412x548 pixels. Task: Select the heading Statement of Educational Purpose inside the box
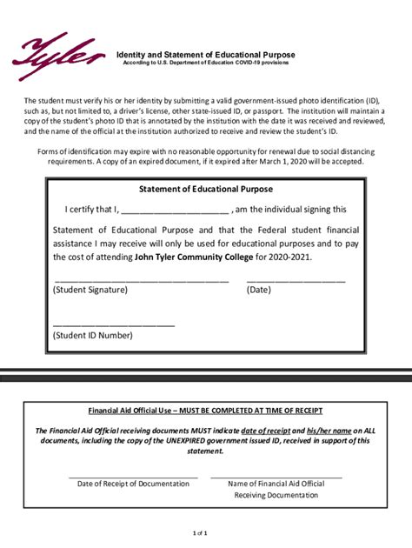click(205, 189)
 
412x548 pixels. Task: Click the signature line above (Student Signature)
click(141, 281)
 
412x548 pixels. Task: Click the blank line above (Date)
click(296, 281)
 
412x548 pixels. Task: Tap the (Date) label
click(259, 291)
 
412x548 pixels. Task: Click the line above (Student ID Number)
click(113, 324)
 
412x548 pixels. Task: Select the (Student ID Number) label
click(92, 335)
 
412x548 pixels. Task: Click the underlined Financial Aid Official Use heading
click(205, 410)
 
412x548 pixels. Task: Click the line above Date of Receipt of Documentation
click(133, 477)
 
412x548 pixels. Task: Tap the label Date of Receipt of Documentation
click(133, 484)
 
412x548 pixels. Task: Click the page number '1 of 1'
click(200, 531)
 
